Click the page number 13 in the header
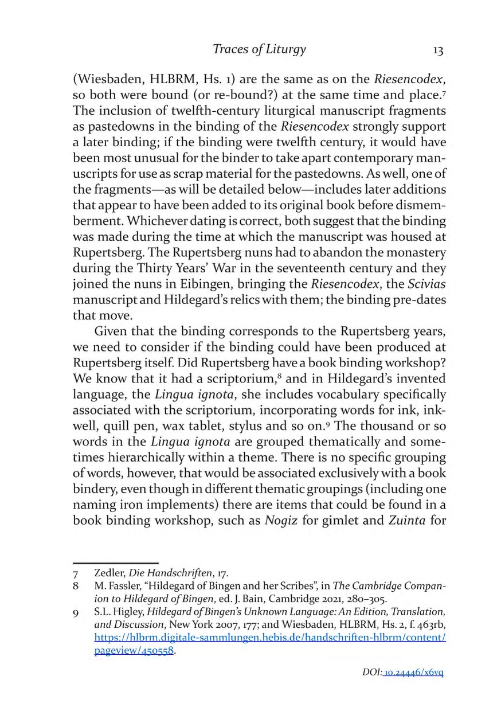(438, 50)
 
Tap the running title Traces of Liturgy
(259, 49)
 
